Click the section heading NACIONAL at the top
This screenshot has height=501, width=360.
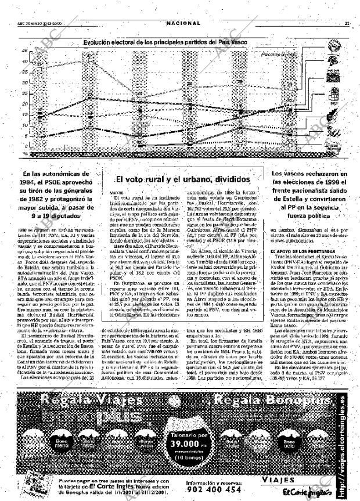click(183, 23)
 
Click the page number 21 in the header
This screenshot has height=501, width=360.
click(347, 24)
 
